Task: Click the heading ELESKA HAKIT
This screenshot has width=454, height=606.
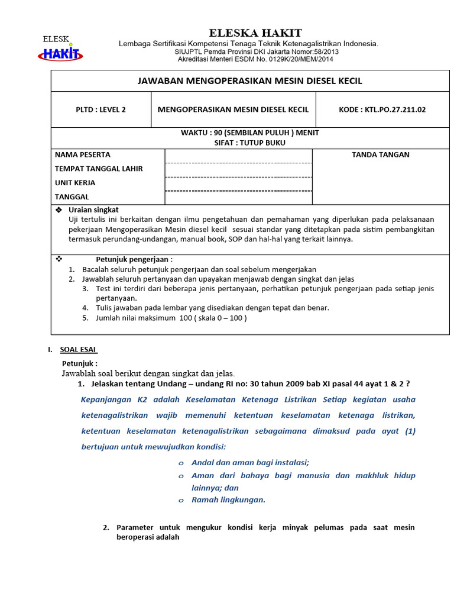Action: pyautogui.click(x=255, y=33)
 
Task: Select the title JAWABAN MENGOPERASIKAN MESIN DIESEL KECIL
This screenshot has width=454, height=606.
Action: pyautogui.click(x=250, y=80)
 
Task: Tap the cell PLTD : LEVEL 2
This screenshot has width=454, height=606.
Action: pyautogui.click(x=101, y=109)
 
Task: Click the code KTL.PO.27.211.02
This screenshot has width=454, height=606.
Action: pyautogui.click(x=382, y=109)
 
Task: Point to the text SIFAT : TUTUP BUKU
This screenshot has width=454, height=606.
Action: pyautogui.click(x=249, y=143)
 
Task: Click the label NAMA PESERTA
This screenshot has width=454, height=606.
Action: pyautogui.click(x=83, y=155)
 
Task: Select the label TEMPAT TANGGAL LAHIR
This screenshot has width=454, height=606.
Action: pyautogui.click(x=99, y=169)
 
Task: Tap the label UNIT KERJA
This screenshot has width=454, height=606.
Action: pyautogui.click(x=75, y=183)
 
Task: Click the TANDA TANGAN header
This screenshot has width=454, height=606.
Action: pyautogui.click(x=381, y=155)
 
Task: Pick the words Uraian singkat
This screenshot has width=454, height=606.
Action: pyautogui.click(x=93, y=210)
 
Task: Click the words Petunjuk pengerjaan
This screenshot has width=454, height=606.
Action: pyautogui.click(x=134, y=259)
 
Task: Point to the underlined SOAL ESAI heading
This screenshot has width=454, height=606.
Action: pyautogui.click(x=79, y=350)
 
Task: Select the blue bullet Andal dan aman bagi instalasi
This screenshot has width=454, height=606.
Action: pyautogui.click(x=250, y=463)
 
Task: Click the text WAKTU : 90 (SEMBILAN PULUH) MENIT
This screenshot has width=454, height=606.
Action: pyautogui.click(x=249, y=133)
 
